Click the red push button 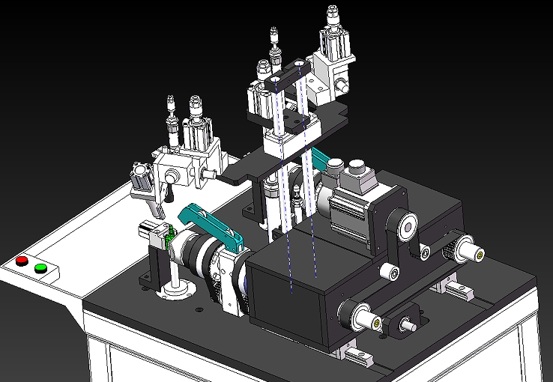point(22,261)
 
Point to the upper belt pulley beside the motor point(405,225)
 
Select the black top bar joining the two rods point(287,73)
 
